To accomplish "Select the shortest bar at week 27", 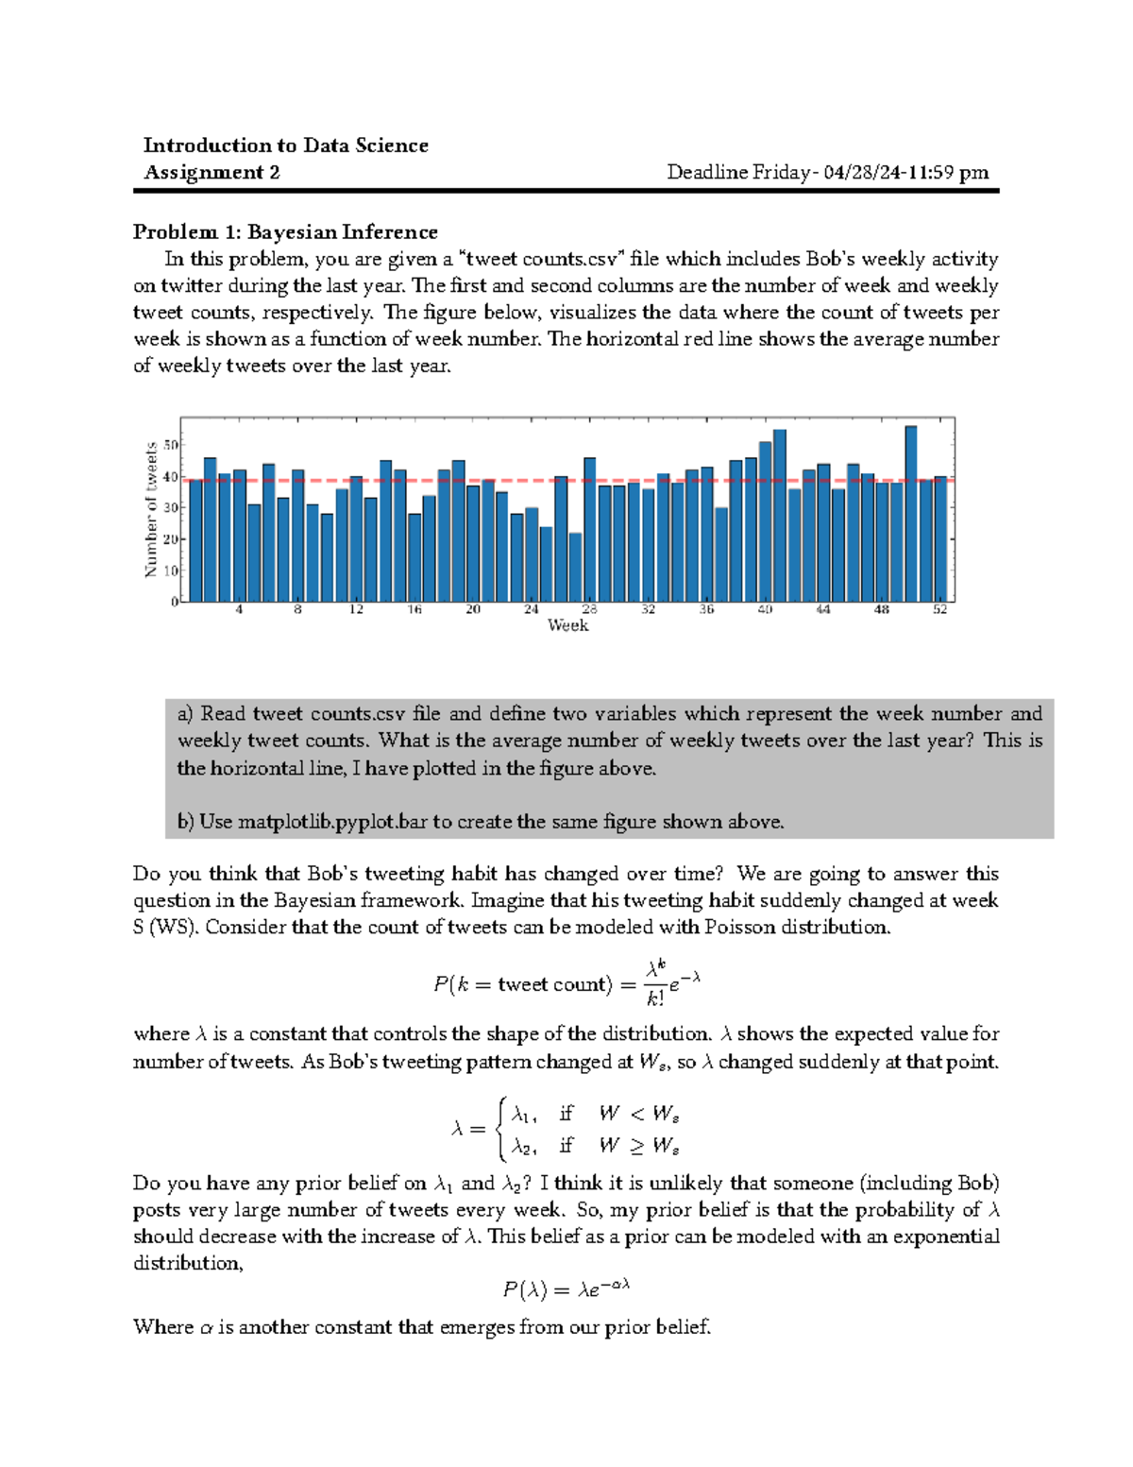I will (x=575, y=567).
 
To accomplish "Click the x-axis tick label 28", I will (x=589, y=610).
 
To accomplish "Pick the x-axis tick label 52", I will (x=939, y=610).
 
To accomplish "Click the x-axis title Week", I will (x=567, y=625).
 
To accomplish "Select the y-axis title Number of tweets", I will (x=150, y=510).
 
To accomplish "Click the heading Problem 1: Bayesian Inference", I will (x=285, y=232).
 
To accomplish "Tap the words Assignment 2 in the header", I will (x=211, y=172).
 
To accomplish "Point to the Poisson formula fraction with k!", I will (x=655, y=983).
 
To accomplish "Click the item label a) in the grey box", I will (x=185, y=714).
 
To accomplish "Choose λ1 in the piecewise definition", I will (x=524, y=1115).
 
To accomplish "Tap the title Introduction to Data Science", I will (x=285, y=145).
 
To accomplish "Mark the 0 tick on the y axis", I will (x=175, y=602).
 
